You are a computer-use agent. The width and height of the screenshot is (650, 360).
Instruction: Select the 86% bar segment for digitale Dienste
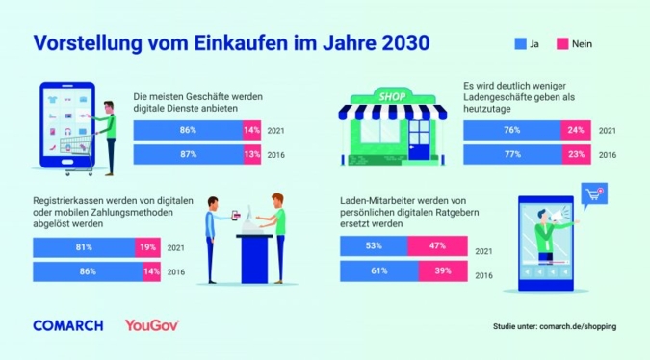coord(188,129)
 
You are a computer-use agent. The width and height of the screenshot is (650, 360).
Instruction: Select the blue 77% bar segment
coord(512,154)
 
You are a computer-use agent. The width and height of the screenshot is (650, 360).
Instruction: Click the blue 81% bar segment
coord(89,247)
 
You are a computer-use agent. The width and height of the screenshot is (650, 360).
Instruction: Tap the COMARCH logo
coord(67,325)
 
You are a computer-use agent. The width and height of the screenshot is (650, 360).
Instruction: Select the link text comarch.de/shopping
coord(577,326)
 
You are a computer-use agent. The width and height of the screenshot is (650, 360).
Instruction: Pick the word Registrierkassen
coord(65,200)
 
